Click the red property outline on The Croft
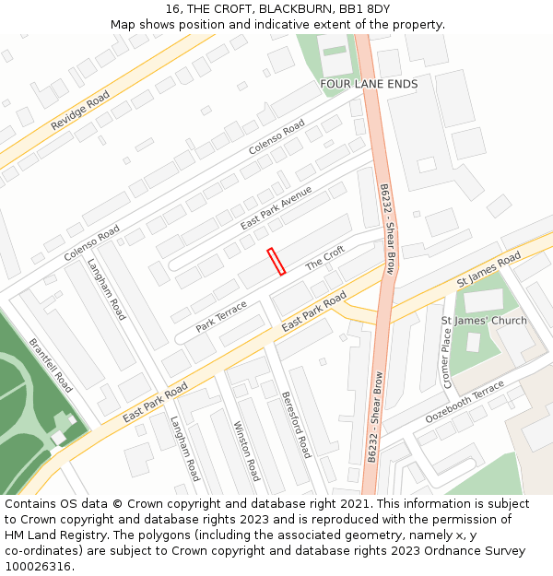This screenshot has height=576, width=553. point(276,261)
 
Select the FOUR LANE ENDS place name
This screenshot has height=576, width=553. point(369,84)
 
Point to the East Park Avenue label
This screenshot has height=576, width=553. point(276,207)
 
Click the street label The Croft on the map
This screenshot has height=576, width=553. point(324,257)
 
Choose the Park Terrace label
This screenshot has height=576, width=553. point(221,316)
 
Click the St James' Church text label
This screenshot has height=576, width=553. point(484,321)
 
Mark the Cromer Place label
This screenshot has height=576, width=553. point(447,358)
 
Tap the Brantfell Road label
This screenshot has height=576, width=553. point(51,364)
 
